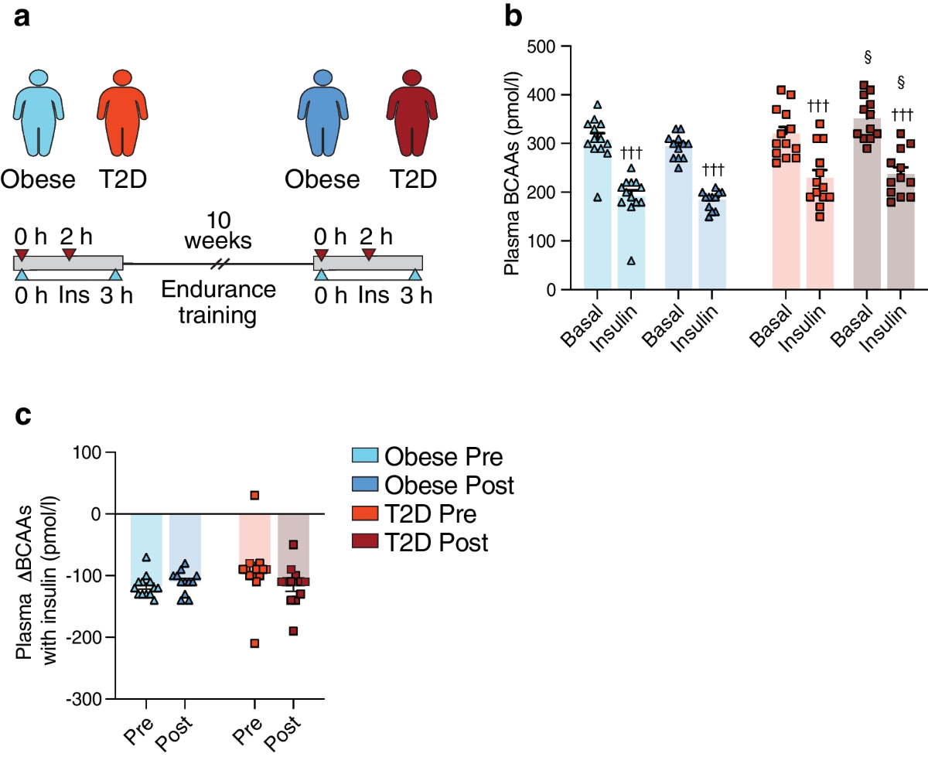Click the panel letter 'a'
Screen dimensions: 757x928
coord(24,18)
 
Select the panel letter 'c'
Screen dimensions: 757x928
coord(24,414)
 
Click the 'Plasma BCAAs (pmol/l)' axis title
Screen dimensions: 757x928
coord(512,169)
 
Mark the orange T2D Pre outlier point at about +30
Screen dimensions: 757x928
coord(254,495)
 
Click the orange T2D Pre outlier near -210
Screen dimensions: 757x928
coord(254,643)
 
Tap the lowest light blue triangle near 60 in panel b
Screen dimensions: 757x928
coord(632,261)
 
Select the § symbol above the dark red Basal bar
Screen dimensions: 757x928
coord(868,57)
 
